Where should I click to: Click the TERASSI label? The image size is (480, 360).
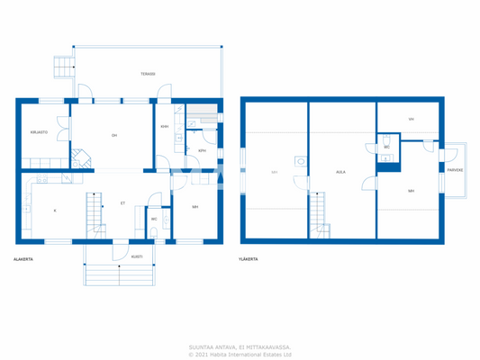pos(148,74)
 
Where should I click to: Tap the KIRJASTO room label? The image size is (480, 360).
pos(38,131)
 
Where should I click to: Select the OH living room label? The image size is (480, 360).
pos(114,136)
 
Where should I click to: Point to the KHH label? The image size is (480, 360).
pos(165,127)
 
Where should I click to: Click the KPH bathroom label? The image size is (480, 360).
pos(202,151)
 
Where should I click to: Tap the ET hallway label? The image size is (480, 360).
pos(122,203)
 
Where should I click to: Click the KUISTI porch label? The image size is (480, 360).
pos(137,256)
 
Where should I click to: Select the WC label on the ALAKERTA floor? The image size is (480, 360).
pos(154,219)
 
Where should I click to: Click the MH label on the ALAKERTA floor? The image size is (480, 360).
pos(195,207)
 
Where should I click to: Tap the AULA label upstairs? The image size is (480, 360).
pos(340,172)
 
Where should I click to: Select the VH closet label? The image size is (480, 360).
pos(411,119)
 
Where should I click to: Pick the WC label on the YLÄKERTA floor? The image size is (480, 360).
pos(386,147)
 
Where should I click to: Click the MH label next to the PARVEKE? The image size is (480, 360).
pos(411,191)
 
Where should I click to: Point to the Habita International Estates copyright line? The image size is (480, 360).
pos(240,354)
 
